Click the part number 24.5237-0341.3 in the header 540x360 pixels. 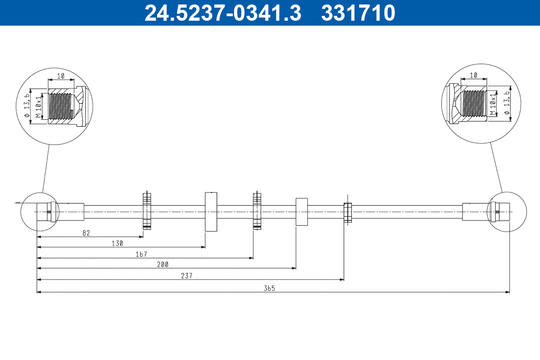point(222,13)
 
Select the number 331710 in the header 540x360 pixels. point(358,13)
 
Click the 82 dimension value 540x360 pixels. point(86,233)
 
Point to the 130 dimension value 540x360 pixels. point(117,243)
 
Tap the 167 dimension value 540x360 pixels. point(141,254)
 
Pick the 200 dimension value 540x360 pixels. point(162,265)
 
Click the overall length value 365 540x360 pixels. point(270,288)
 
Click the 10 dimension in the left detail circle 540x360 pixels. point(61,76)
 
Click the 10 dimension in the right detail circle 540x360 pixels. point(473,75)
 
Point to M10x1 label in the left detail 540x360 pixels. point(39,106)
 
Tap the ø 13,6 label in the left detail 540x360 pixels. point(27,105)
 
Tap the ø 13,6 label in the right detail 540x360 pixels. point(507,104)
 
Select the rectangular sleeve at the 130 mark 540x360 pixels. point(211,211)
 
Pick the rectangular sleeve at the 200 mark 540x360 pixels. point(301,211)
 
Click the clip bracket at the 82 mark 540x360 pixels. point(147,211)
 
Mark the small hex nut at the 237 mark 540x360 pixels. point(347,212)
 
